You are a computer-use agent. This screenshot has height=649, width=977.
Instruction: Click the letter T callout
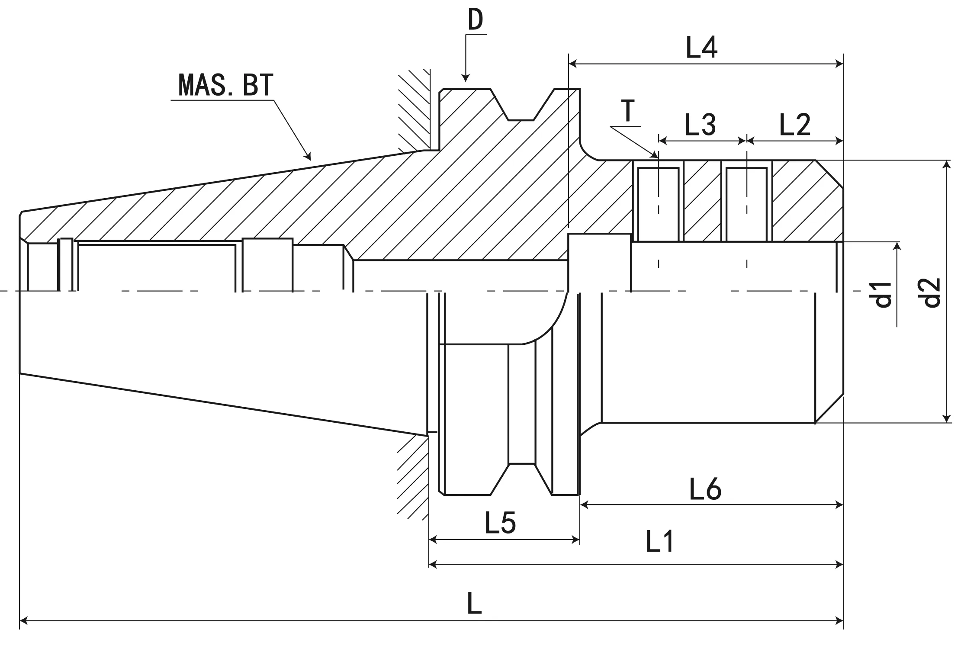[x=627, y=111]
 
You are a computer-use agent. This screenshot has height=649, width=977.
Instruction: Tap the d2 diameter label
[x=931, y=292]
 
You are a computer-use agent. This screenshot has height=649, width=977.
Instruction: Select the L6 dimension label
[x=705, y=489]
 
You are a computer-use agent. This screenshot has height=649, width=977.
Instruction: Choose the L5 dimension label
[x=500, y=523]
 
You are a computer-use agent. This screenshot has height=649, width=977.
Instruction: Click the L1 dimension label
[x=659, y=542]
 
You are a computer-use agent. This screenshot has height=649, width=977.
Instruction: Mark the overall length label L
[x=474, y=604]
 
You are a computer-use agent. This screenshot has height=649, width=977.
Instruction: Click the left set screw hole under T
[x=658, y=204]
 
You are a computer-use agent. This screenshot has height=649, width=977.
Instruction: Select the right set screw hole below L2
[x=746, y=204]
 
